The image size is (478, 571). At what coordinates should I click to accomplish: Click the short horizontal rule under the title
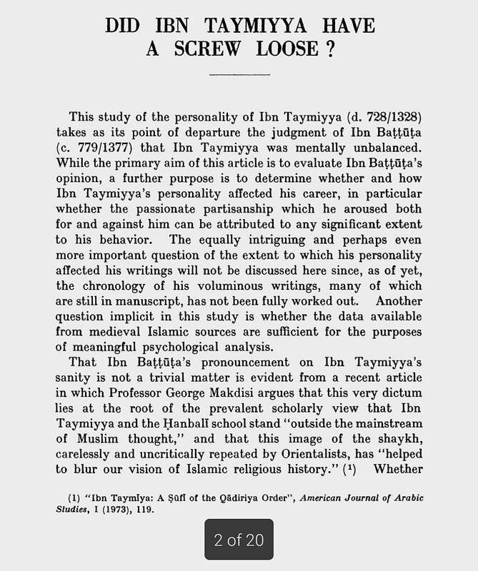[x=239, y=74]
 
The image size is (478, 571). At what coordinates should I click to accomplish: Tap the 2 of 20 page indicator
[x=239, y=540]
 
